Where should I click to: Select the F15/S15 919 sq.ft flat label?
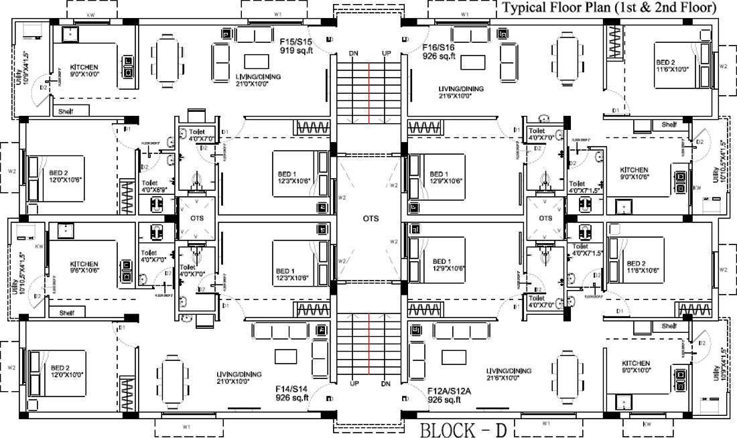point(296,45)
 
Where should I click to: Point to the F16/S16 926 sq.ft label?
point(439,52)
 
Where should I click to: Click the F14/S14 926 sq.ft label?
point(291,392)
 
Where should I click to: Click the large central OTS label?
point(371,218)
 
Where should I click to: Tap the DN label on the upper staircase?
point(354,54)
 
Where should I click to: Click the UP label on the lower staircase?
point(354,384)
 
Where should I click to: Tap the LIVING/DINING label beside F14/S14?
point(239,377)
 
